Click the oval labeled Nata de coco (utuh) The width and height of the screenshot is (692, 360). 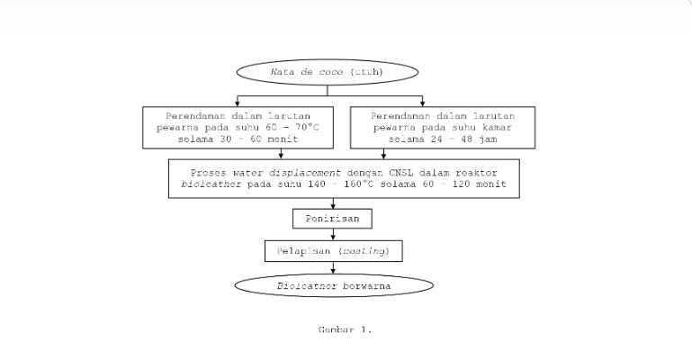point(328,72)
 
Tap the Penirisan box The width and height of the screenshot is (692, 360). point(332,219)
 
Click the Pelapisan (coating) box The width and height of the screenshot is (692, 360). point(333,250)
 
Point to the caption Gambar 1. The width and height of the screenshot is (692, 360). point(345,329)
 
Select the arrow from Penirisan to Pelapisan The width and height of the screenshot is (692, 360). point(333,233)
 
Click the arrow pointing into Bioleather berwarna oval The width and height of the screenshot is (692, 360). point(333,267)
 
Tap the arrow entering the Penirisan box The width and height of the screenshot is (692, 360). point(333,204)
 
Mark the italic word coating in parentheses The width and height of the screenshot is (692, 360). point(370,250)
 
